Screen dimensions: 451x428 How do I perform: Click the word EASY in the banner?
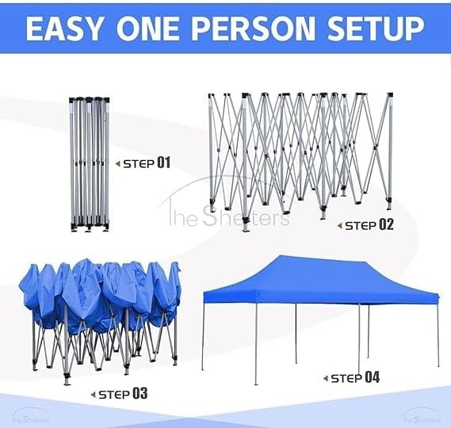[x=63, y=29]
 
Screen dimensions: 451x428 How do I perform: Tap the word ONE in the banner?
[x=147, y=29]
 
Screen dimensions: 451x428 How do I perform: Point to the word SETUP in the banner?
[x=376, y=29]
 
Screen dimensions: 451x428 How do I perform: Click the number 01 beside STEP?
[x=163, y=162]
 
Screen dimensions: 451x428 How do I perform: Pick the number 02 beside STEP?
[x=386, y=224]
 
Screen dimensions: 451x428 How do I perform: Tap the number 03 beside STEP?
[x=140, y=393]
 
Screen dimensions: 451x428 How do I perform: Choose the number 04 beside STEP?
[x=373, y=377]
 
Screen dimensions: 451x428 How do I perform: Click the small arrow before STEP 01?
[x=117, y=164]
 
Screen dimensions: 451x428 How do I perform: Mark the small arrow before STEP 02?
[x=340, y=226]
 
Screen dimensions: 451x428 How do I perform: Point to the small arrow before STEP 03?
[x=93, y=395]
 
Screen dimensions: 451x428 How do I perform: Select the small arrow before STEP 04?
[x=326, y=379]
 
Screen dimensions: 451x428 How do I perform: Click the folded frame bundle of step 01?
[x=90, y=164]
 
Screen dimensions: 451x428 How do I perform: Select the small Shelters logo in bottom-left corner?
[x=31, y=417]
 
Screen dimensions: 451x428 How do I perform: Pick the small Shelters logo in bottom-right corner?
[x=422, y=417]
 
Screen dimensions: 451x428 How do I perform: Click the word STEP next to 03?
[x=114, y=395]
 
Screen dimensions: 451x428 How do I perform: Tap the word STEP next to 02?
[x=361, y=226]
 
